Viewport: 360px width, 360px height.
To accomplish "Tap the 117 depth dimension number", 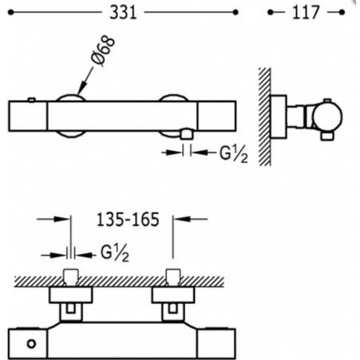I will [x=307, y=13].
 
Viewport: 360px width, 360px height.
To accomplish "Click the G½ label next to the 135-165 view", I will [x=116, y=255].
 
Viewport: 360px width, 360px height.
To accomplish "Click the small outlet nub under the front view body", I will [x=188, y=135].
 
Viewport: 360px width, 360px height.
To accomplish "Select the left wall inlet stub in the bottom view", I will [x=69, y=279].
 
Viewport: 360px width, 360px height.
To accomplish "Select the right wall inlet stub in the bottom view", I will [x=173, y=279].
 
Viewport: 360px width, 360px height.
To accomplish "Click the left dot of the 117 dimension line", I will [x=271, y=13].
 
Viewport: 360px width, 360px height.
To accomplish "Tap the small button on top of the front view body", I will [x=31, y=99].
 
